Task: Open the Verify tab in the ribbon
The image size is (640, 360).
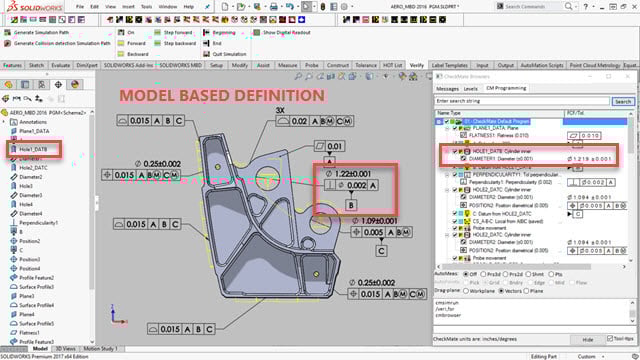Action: point(417,64)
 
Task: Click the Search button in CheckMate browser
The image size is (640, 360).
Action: point(622,101)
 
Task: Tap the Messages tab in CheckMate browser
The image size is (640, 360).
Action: point(447,88)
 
